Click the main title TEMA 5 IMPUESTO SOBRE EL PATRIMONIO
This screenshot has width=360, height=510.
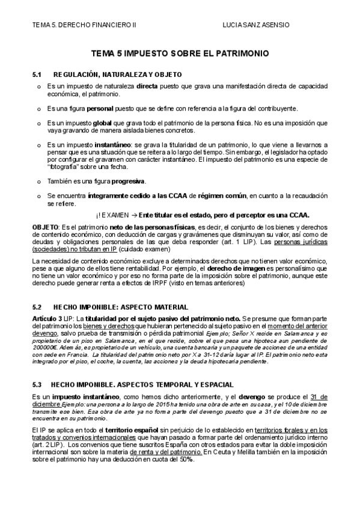coord(180,54)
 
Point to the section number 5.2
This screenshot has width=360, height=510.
coord(37,306)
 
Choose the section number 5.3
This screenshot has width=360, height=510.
coord(37,367)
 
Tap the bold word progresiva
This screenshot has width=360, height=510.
coord(129,181)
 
